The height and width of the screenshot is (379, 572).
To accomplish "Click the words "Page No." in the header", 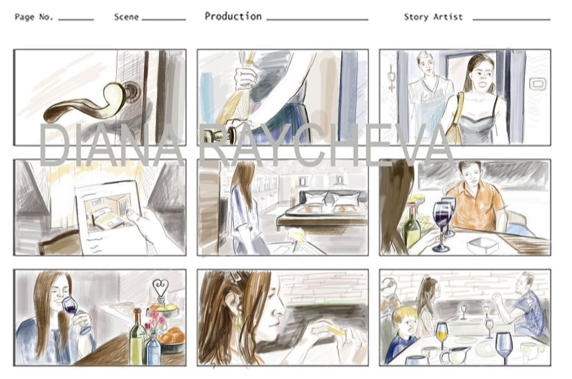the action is click(x=34, y=17).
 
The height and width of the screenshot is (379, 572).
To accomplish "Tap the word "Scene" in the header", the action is click(x=126, y=17).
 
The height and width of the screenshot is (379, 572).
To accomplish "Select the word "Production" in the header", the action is click(x=233, y=17).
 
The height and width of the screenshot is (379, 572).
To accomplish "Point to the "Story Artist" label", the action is click(x=433, y=17).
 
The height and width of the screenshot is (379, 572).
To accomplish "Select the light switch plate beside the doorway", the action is click(x=536, y=84).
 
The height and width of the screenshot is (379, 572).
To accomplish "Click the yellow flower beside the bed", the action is click(x=296, y=234).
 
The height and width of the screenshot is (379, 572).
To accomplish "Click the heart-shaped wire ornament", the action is click(x=160, y=289).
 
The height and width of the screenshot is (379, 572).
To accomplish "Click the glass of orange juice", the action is click(x=441, y=334).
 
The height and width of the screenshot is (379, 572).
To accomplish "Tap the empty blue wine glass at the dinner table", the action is click(x=504, y=347).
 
